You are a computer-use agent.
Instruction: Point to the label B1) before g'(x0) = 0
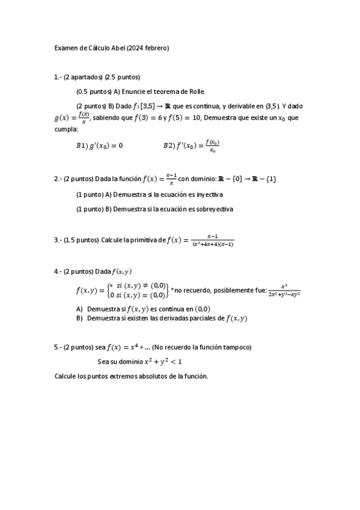tap(82, 146)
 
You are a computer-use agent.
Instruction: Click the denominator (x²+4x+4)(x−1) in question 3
tap(213, 244)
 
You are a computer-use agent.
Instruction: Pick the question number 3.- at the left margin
tap(58, 240)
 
